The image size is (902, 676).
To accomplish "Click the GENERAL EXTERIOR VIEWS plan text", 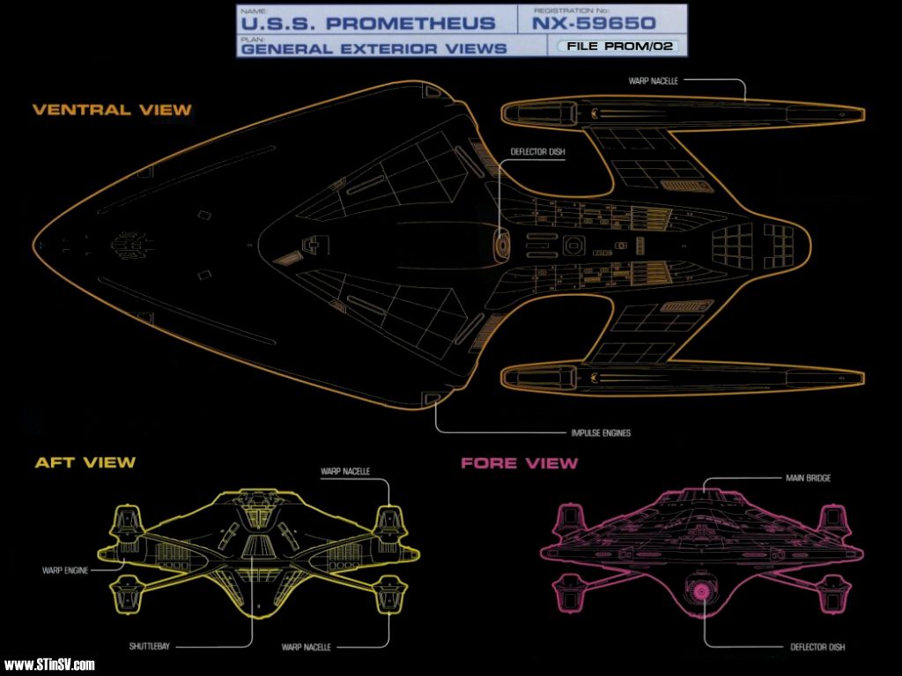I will pos(374,48).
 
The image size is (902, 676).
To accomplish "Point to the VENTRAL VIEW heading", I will pos(112,110).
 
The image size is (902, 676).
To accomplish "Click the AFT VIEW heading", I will pos(85,462).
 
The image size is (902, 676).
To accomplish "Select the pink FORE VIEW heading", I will pos(520,463).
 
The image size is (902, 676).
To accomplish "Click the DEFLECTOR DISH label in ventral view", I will pos(538,152).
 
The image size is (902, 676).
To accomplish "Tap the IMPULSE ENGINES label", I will pos(600,433).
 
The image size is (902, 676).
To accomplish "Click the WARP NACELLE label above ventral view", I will pos(653,81).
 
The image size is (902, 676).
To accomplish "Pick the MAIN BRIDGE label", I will pos(808,478).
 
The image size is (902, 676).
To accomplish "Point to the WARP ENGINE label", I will pos(65,570).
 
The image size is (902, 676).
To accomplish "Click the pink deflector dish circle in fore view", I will pos(703,591).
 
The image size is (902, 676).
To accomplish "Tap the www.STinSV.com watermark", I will pos(49,665).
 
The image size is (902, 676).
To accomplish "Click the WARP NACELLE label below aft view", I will pos(307,647).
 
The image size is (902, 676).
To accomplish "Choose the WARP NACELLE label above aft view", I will pos(344,471).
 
